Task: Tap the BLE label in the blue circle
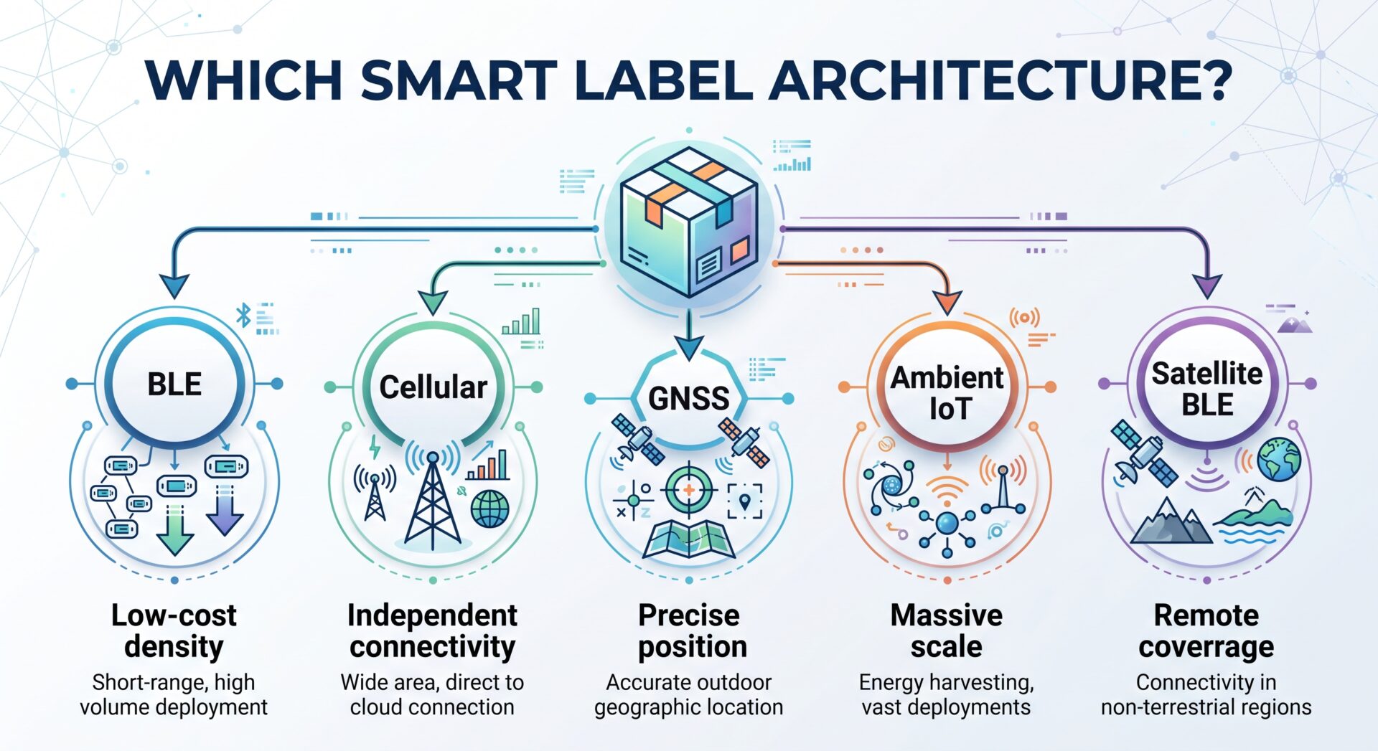click(x=174, y=384)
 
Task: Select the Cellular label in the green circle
click(x=433, y=387)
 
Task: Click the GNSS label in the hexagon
click(x=689, y=398)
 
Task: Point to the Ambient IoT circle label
click(x=947, y=393)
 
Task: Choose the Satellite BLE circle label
click(x=1207, y=389)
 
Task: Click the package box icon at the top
click(x=689, y=222)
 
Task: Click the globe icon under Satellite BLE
click(x=1279, y=458)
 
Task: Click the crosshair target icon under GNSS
click(x=688, y=491)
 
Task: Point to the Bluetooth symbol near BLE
click(x=244, y=314)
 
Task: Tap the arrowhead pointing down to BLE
click(x=174, y=286)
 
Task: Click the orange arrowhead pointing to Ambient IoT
click(x=947, y=303)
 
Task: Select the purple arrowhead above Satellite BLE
click(x=1207, y=286)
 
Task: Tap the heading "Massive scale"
click(x=947, y=630)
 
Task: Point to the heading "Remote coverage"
click(x=1206, y=630)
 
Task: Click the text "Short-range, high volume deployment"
click(x=174, y=694)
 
